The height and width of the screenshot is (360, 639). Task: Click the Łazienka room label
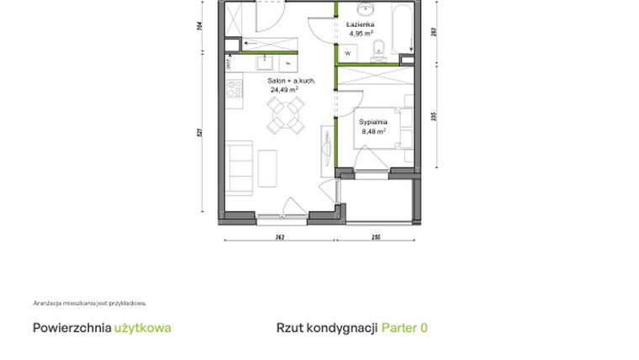[359, 25]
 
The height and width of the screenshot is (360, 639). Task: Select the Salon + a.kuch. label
[292, 80]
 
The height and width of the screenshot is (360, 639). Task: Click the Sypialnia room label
[373, 122]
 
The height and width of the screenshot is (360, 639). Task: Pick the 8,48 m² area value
[373, 131]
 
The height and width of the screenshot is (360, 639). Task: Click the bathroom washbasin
[367, 10]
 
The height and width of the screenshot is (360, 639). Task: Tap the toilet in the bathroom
[379, 48]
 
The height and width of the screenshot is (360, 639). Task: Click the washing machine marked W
[347, 53]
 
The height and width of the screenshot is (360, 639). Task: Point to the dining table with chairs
[285, 114]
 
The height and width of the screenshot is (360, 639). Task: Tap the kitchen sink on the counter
[260, 61]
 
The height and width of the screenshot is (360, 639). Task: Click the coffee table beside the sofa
[269, 167]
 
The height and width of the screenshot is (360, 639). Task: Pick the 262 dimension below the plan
[279, 238]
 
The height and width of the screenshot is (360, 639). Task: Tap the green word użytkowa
[142, 327]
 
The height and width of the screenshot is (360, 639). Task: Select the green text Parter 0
[404, 327]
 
